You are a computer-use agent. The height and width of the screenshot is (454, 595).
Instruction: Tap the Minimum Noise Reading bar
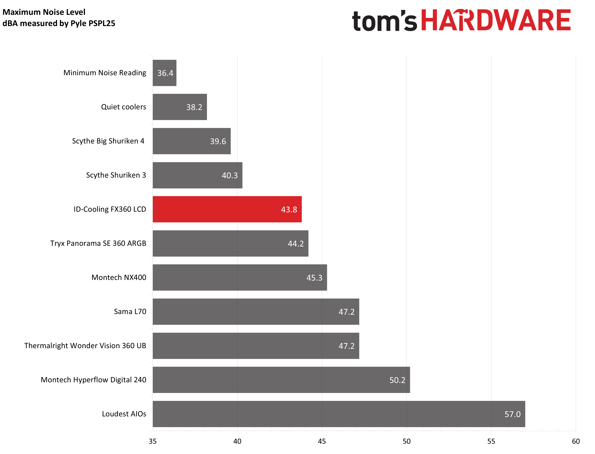tap(165, 73)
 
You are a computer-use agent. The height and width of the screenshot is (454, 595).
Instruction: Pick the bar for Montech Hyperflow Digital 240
tap(281, 380)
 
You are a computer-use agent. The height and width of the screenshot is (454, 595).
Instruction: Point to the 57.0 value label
tap(512, 414)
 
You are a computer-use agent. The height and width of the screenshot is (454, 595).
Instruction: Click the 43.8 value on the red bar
tap(289, 210)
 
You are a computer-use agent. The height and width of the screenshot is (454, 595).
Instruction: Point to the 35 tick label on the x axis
tap(153, 441)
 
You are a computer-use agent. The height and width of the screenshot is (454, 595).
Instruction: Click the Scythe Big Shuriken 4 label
tap(108, 141)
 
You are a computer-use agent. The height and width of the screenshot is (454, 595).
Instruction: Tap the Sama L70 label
tap(130, 312)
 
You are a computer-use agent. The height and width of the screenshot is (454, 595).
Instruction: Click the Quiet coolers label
tap(123, 107)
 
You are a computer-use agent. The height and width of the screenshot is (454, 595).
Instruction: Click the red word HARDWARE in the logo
tap(496, 20)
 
